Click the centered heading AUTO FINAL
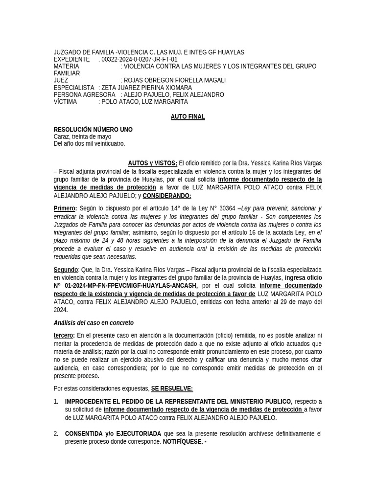pos(188,117)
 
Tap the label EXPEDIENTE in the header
pos(71,59)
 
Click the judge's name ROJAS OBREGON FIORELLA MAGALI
pos(175,80)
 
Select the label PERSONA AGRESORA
pos(84,94)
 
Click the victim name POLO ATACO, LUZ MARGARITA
pos(144,102)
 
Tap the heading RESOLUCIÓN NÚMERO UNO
pos(93,130)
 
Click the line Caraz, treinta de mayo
pos(82,137)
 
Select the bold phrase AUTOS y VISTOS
pos(152,163)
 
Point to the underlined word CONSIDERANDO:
pos(166,196)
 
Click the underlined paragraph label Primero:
pos(65,208)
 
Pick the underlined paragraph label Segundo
pos(66,270)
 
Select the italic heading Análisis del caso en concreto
pos(94,323)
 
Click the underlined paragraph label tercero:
pos(64,335)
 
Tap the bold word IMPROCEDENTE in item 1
pos(90,401)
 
